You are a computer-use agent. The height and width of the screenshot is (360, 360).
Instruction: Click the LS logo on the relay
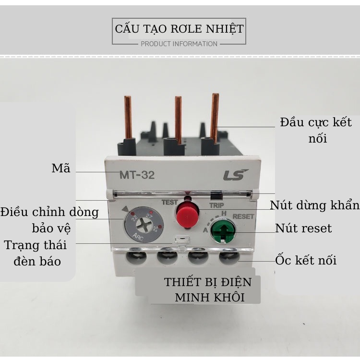236,175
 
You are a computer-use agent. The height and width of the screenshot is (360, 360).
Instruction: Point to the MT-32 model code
137,175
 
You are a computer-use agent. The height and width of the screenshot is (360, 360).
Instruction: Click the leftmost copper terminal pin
128,118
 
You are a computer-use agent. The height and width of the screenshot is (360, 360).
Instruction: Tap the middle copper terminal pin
178,120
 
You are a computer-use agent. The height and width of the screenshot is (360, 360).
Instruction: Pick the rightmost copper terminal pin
215,119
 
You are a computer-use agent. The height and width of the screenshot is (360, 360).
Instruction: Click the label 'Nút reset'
303,228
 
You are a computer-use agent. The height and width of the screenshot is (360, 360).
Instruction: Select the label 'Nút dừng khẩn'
314,205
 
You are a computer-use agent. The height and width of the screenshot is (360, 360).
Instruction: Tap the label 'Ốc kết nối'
306,260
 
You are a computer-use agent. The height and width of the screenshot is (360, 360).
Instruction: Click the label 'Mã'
61,168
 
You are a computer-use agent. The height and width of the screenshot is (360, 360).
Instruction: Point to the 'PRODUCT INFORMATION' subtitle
179,44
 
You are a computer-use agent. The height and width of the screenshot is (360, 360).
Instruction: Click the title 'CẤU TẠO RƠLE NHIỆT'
179,29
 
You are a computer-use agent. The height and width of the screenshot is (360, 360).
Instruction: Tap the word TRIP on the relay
216,205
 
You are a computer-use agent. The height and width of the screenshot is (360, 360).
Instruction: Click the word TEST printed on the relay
169,202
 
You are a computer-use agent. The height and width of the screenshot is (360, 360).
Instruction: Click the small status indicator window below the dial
182,240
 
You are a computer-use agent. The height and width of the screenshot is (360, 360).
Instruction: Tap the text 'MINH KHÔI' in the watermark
210,298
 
